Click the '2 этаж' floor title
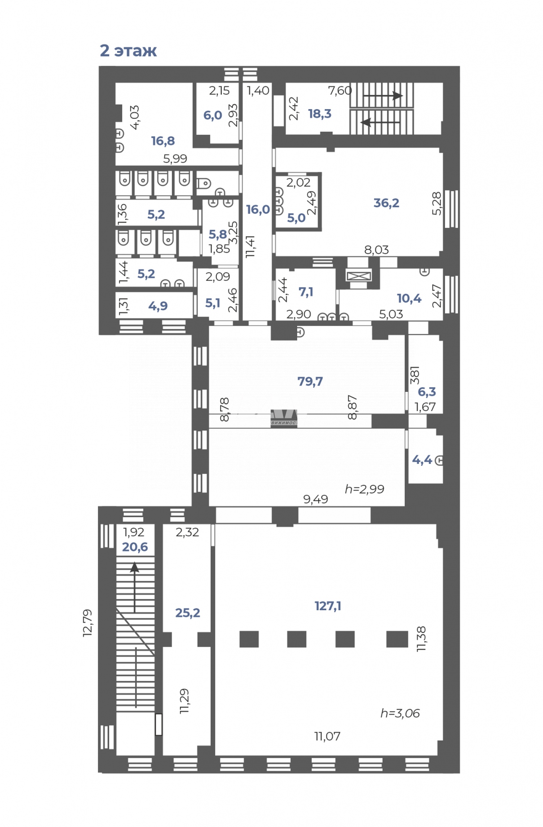pyautogui.click(x=128, y=51)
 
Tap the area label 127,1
pyautogui.click(x=328, y=606)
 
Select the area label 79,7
pyautogui.click(x=310, y=381)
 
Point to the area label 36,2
pyautogui.click(x=386, y=203)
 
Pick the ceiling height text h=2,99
pyautogui.click(x=364, y=489)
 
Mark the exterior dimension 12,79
pyautogui.click(x=88, y=623)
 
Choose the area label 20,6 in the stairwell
pyautogui.click(x=135, y=547)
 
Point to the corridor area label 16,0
pyautogui.click(x=258, y=209)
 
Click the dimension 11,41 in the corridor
pyautogui.click(x=250, y=247)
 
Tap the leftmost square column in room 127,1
pyautogui.click(x=249, y=639)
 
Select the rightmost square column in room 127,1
pyautogui.click(x=397, y=639)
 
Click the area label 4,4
pyautogui.click(x=422, y=460)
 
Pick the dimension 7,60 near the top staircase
pyautogui.click(x=340, y=91)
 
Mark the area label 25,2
pyautogui.click(x=188, y=613)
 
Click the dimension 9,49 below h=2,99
pyautogui.click(x=315, y=499)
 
